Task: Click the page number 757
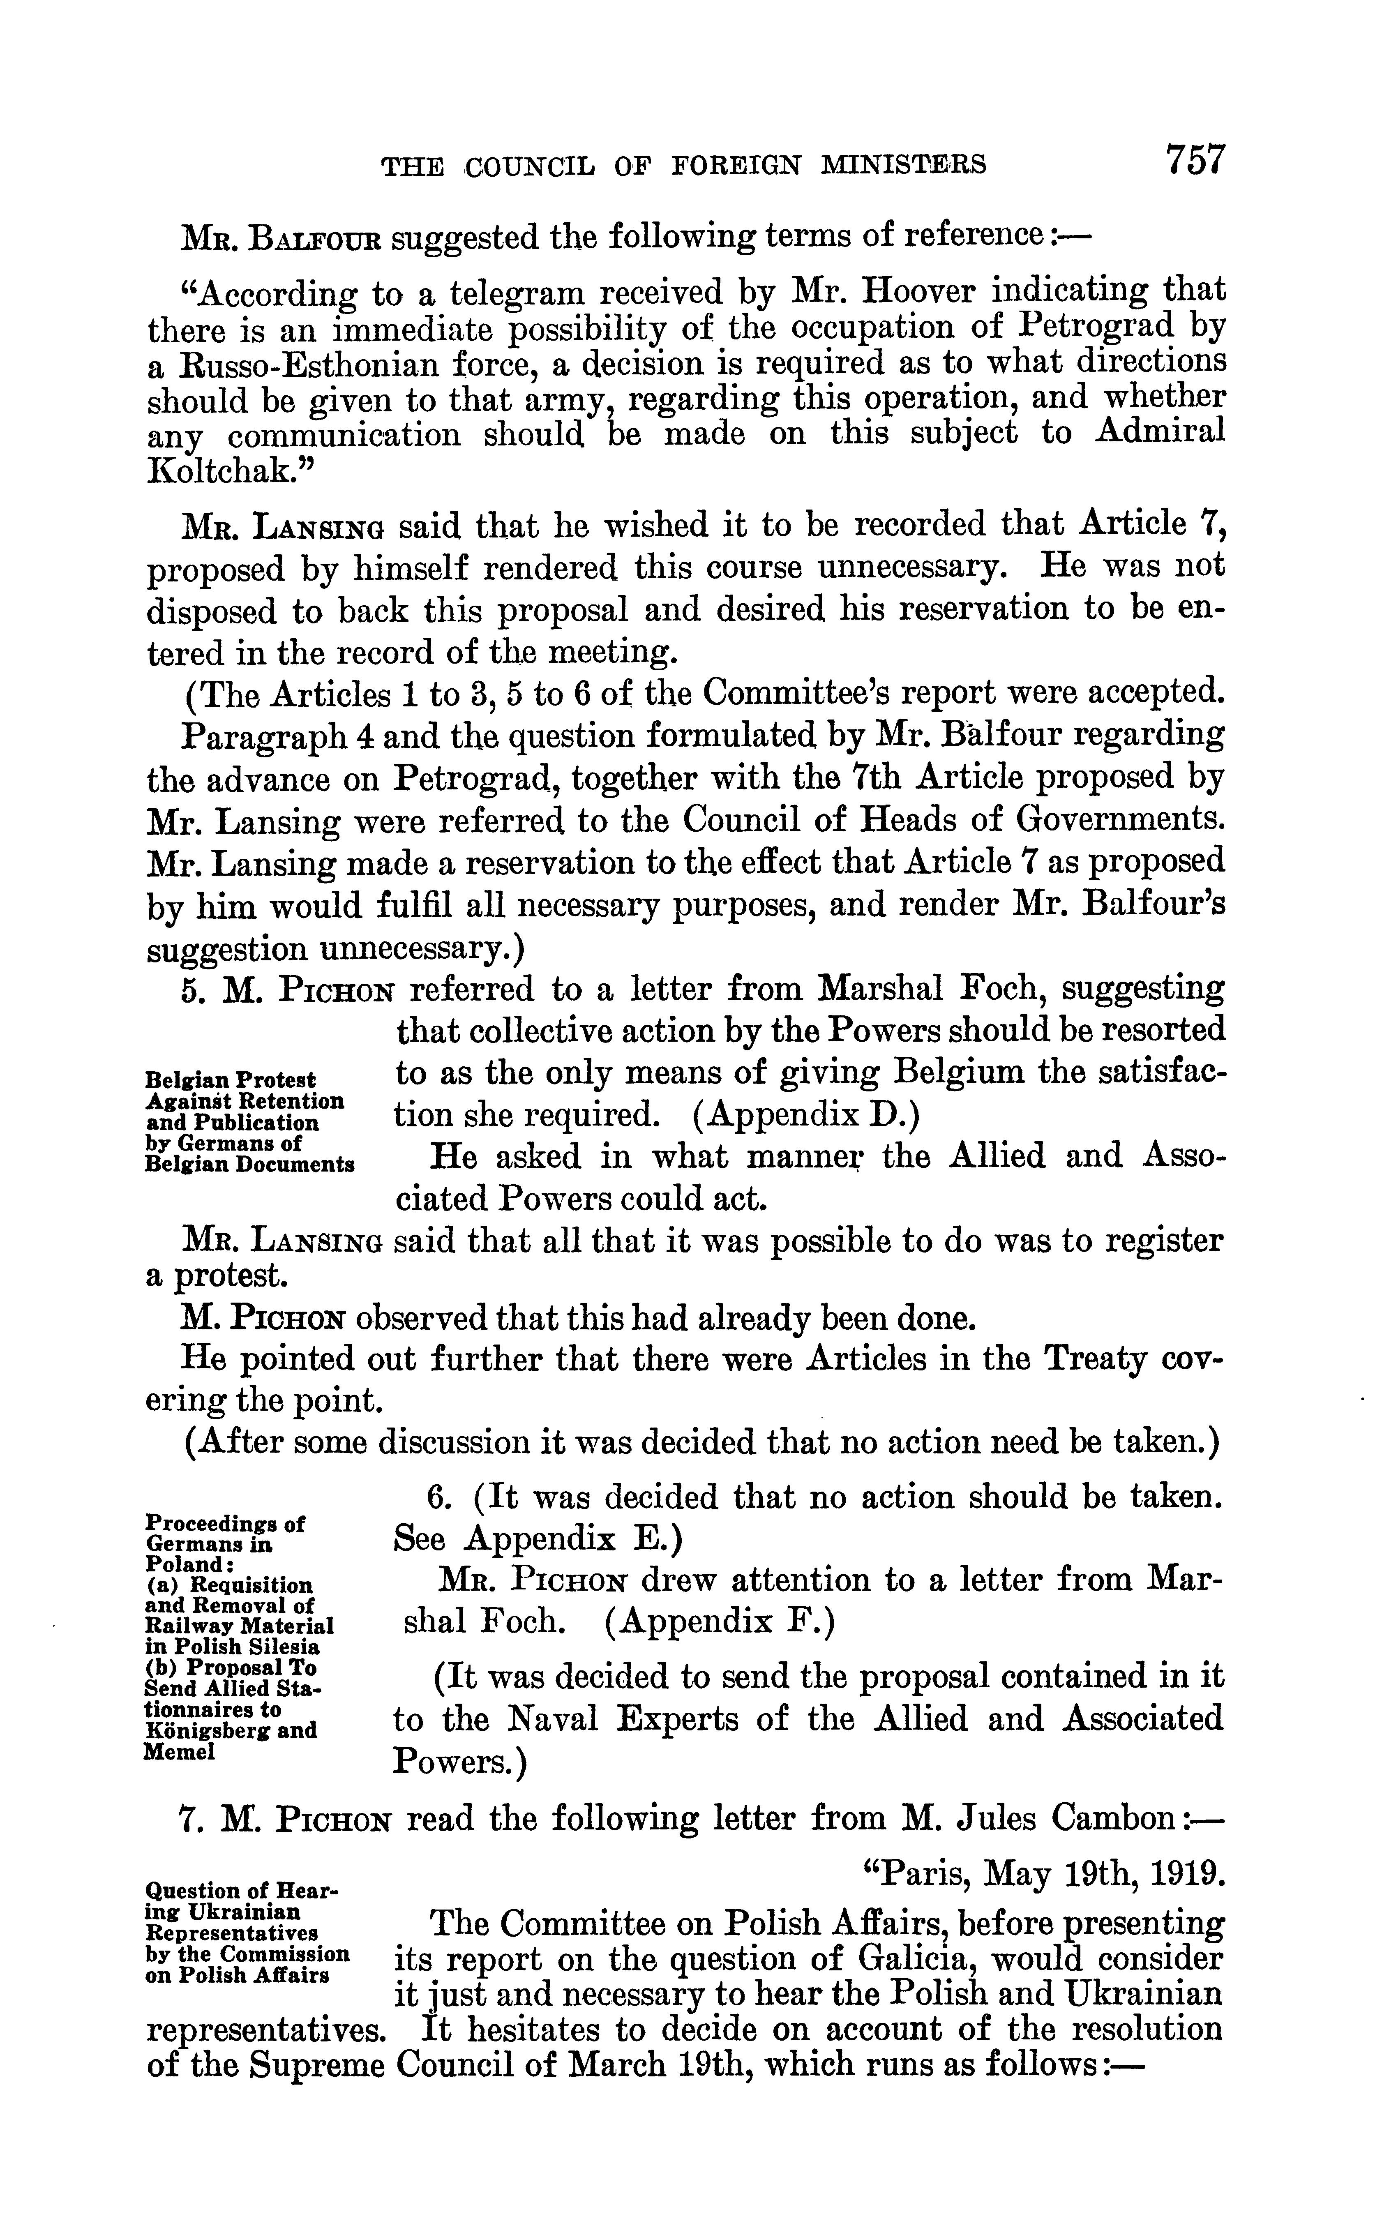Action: click(x=1193, y=160)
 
